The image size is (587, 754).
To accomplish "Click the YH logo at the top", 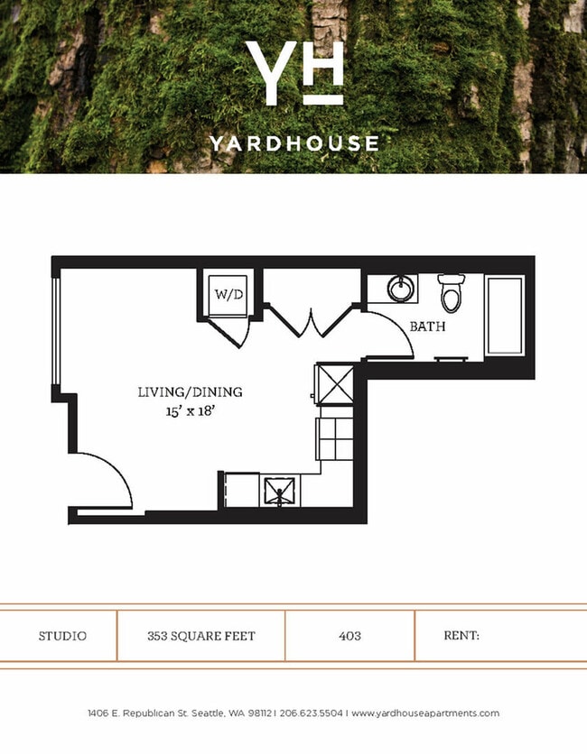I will (293, 72).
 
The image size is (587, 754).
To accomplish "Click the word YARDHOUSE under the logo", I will (293, 143).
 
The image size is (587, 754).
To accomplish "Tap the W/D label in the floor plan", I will (223, 294).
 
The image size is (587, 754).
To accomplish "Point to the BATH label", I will (427, 326).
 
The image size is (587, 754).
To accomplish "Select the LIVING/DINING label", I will (190, 392).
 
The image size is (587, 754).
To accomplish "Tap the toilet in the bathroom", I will (450, 293).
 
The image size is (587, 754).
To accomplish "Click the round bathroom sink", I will (401, 290).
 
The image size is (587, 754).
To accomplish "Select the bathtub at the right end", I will (505, 315).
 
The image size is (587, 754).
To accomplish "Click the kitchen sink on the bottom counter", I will (281, 492).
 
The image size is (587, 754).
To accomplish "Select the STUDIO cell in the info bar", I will (62, 636).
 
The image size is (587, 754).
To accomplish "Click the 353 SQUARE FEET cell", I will (200, 636).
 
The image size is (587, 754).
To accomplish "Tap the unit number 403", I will (349, 636).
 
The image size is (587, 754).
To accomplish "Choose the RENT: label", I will (461, 636).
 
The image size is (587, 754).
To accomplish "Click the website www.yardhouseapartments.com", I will (424, 713).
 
